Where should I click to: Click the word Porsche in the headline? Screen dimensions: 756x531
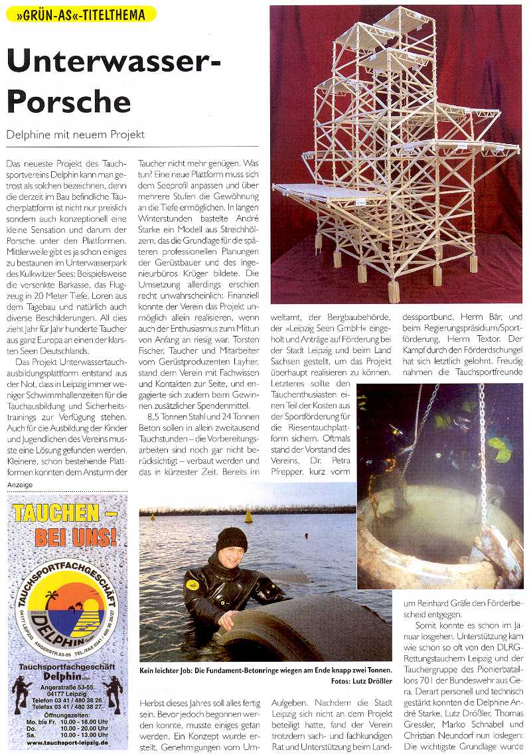point(69,102)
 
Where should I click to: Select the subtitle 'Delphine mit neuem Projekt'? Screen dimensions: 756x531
point(76,134)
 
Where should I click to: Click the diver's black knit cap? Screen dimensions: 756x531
point(231,539)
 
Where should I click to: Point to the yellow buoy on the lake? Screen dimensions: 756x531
point(249,516)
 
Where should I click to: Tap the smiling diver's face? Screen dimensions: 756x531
point(232,557)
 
